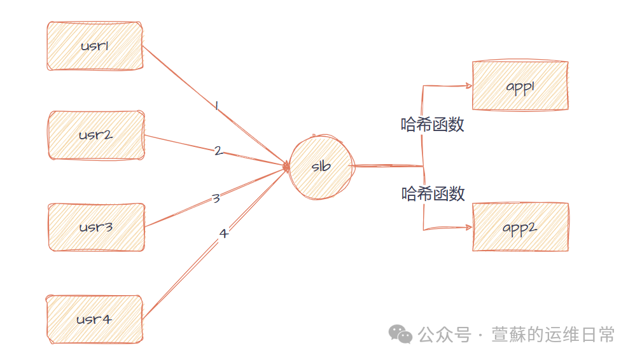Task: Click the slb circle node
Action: [320, 167]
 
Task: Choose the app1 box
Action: [519, 86]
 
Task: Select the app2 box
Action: [519, 227]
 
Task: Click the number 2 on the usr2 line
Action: [218, 151]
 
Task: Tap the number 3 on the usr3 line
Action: [216, 198]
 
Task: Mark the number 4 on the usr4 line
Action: [223, 233]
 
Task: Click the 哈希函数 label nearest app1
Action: [433, 125]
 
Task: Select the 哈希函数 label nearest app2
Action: [433, 193]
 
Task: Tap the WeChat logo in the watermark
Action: [401, 334]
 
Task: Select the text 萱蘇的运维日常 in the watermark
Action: [552, 335]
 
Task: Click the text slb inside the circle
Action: [321, 167]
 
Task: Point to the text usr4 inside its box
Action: [94, 319]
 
